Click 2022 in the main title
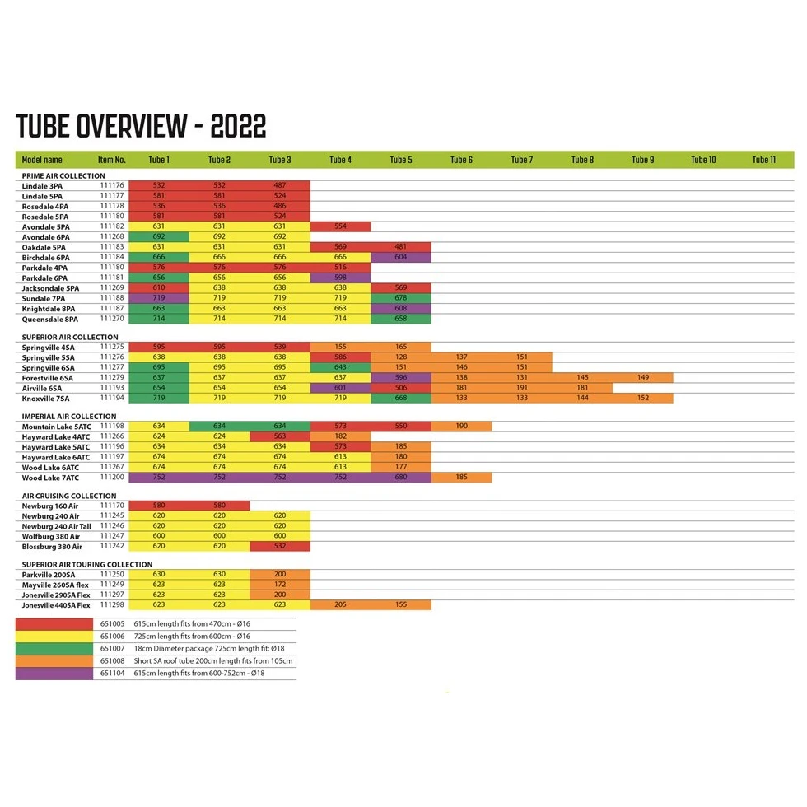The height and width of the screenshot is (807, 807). pos(238,127)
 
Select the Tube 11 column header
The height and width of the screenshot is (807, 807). pos(763,160)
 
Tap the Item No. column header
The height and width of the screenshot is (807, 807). pos(112,160)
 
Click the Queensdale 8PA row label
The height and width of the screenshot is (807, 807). pos(50,318)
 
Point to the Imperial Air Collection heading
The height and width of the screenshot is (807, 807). pos(70,417)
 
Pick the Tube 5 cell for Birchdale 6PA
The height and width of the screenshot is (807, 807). pos(401,257)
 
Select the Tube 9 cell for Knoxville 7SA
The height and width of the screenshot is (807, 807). pos(642,398)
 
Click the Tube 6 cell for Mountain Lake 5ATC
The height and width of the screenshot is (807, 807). pos(461,427)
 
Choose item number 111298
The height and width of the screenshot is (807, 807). pos(112,604)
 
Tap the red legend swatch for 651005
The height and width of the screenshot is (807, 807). pos(54,624)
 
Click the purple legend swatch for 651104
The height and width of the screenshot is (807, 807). pos(54,674)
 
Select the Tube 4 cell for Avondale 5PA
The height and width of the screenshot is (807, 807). pos(340,226)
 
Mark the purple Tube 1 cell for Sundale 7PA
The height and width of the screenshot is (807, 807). pos(159,297)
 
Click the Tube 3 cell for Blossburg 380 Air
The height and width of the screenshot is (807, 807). pos(280,546)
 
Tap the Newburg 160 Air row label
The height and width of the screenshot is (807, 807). pos(50,506)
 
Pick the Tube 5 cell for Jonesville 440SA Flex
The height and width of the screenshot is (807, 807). pos(401,604)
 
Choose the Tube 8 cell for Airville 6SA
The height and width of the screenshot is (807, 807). pos(582,388)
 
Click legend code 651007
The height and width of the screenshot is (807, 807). pos(112,649)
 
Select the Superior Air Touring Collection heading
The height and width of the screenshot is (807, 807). pos(87,565)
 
